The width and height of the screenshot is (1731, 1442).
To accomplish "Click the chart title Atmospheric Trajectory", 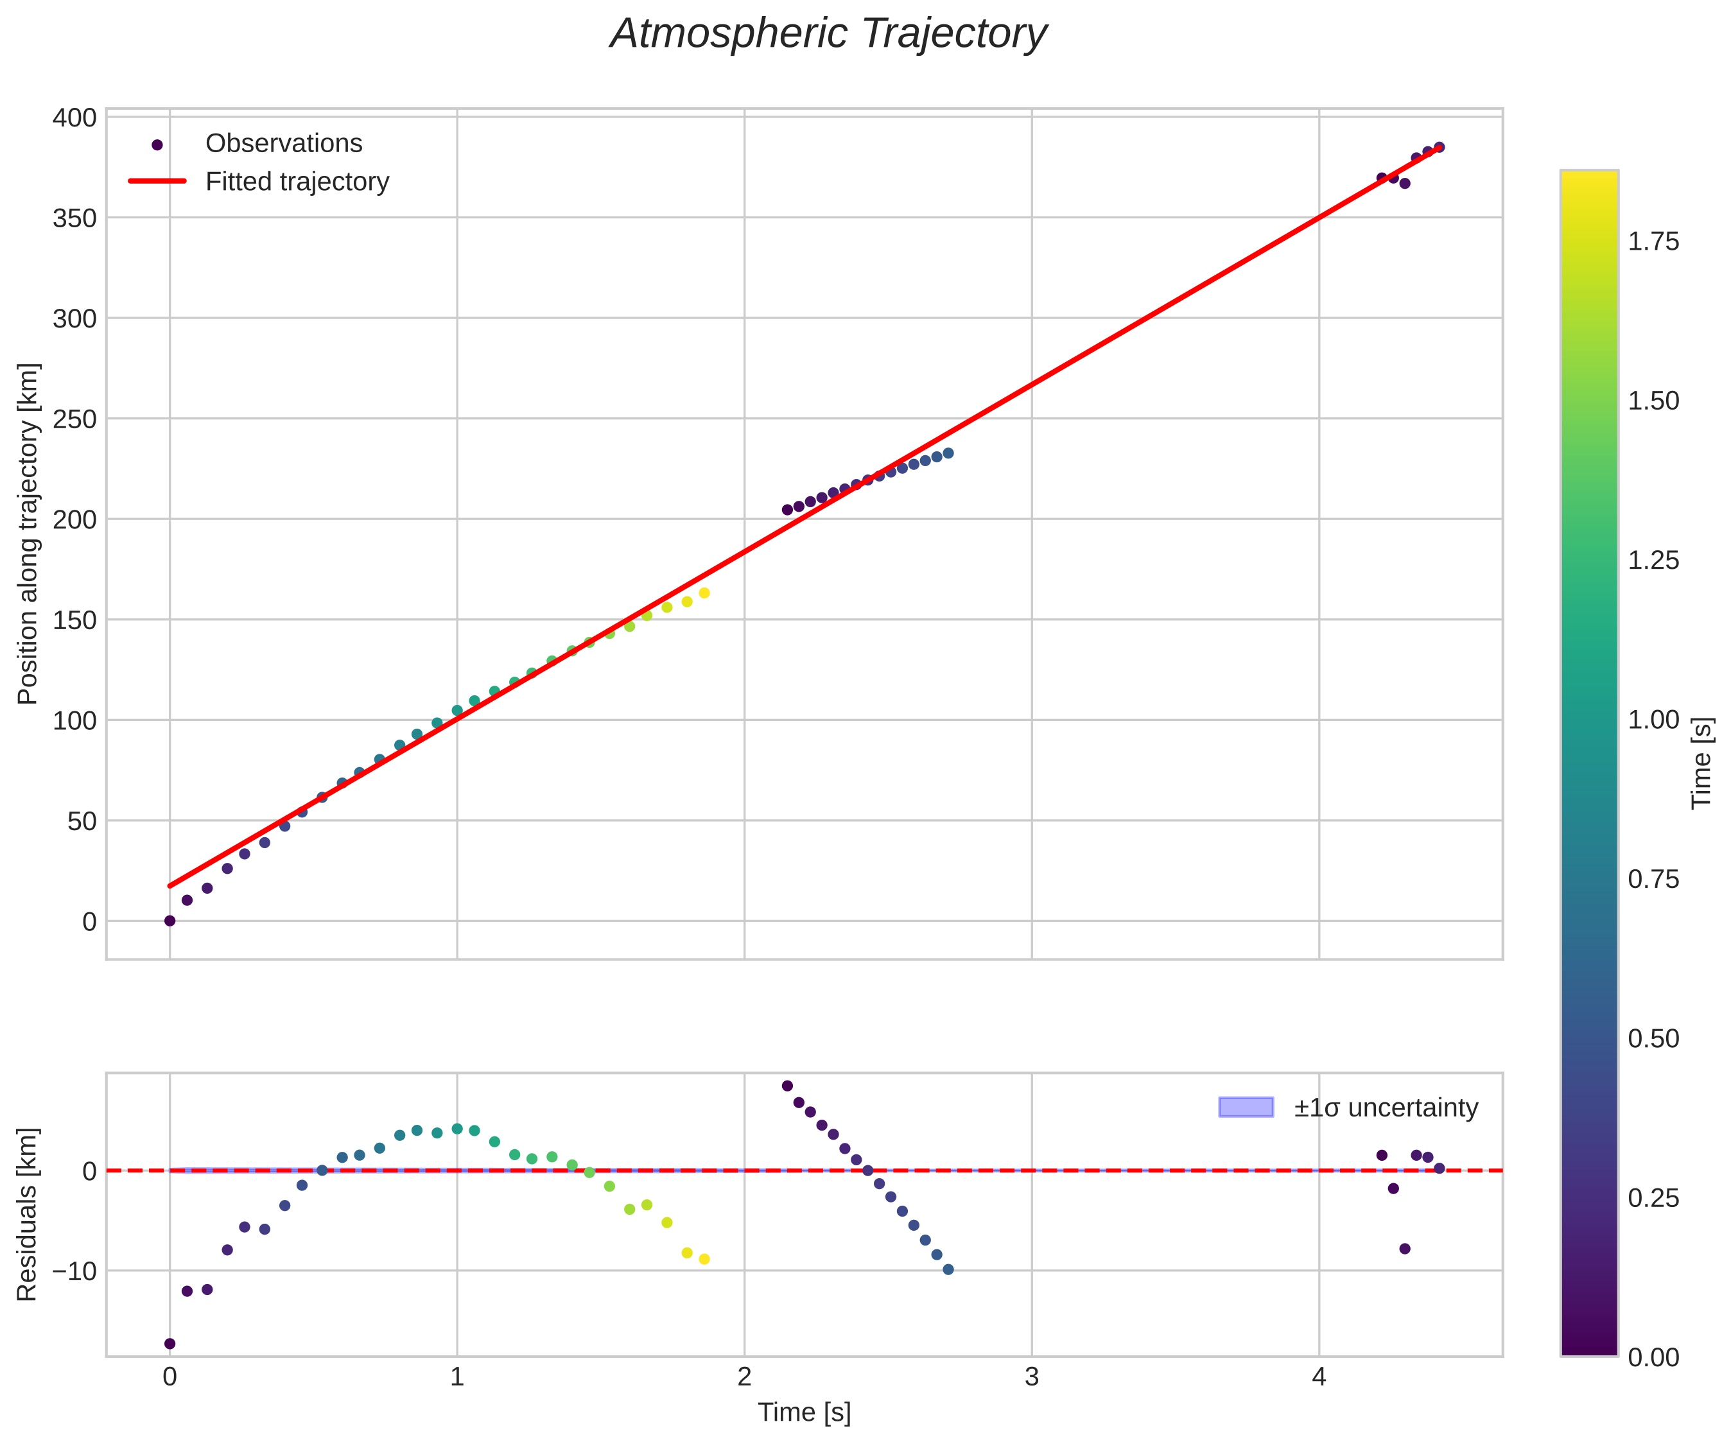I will coord(828,35).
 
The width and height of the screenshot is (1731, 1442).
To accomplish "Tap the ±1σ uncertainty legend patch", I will coord(1246,1108).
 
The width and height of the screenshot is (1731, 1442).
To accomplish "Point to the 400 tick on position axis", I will coord(74,118).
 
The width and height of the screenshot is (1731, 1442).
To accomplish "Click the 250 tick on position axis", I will coord(74,419).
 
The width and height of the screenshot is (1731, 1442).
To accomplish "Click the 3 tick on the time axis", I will coord(1032,1378).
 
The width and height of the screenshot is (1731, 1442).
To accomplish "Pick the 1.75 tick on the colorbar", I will coord(1653,241).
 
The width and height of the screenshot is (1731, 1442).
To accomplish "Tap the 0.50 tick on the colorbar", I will coord(1653,1038).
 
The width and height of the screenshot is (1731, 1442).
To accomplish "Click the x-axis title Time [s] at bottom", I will coord(804,1412).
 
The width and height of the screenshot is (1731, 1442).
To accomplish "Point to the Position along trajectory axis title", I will coord(28,534).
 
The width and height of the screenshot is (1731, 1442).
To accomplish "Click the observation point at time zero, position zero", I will coord(170,921).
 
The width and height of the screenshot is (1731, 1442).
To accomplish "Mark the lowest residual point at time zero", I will coord(170,1343).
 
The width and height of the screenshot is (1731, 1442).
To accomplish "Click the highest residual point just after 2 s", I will coord(787,1086).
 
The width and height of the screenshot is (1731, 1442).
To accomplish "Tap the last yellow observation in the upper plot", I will coord(704,593).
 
